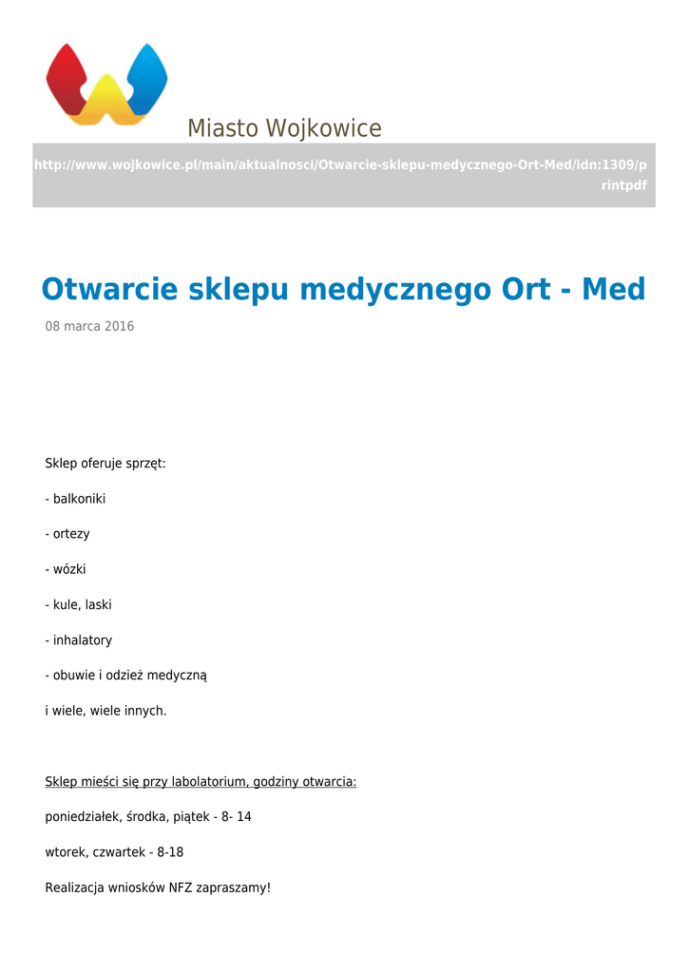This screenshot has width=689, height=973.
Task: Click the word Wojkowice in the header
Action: coord(324,128)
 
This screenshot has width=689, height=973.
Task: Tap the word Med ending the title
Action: coord(613,289)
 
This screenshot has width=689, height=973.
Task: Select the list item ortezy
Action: coord(71,534)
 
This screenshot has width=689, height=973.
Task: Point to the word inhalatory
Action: coord(83,640)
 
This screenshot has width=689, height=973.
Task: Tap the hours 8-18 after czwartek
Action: coord(170,852)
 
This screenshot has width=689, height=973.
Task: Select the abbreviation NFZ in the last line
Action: coord(180,888)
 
